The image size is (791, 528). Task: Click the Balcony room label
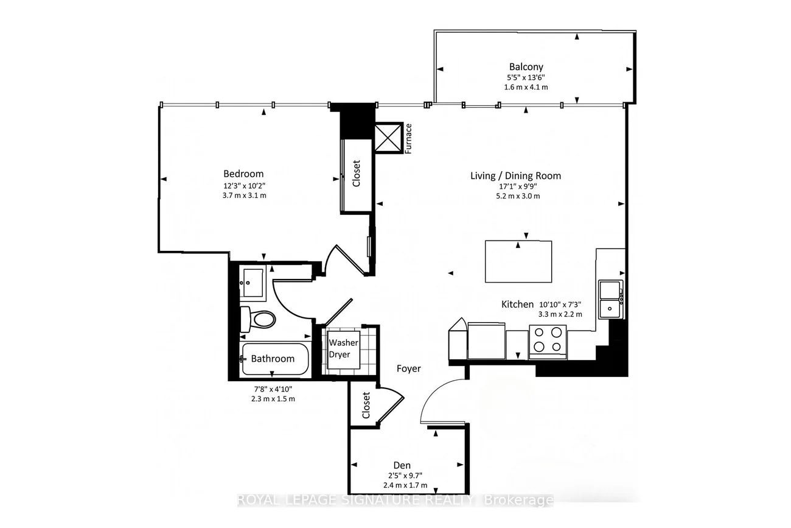(x=526, y=67)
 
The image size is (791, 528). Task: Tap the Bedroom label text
(x=243, y=174)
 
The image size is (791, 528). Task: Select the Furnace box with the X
(x=388, y=138)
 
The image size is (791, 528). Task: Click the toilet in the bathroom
(x=258, y=320)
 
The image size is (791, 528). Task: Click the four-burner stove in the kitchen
(x=548, y=342)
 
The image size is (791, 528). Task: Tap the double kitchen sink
(x=611, y=299)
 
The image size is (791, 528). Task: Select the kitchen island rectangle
(x=518, y=261)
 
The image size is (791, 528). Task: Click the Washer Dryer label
(x=343, y=348)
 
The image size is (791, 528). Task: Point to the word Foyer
(x=408, y=368)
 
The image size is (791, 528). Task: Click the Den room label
(x=402, y=465)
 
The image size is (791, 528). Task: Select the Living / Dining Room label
(x=515, y=175)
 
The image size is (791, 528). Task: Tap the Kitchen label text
(x=517, y=304)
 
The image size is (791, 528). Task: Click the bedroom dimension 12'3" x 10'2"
(x=244, y=186)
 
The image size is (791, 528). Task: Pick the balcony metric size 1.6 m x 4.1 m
(x=526, y=87)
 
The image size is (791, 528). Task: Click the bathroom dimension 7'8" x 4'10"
(x=273, y=389)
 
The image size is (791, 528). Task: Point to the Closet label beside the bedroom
(x=357, y=173)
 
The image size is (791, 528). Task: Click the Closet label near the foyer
(x=366, y=405)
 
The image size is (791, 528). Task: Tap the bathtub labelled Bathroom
(x=274, y=359)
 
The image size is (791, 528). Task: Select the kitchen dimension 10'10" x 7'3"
(x=560, y=304)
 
